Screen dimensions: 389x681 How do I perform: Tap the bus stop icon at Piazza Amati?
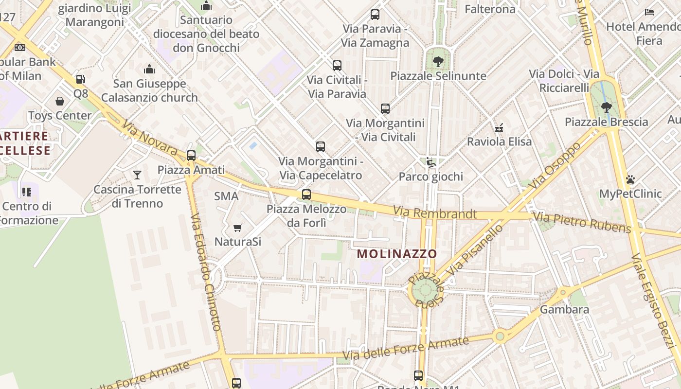tap(191, 156)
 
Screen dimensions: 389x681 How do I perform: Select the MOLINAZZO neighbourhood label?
tap(397, 254)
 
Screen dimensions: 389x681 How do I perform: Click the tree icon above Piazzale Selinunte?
tap(438, 62)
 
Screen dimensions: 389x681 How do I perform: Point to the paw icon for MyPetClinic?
tap(630, 179)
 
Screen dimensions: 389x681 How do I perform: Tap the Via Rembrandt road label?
tap(435, 213)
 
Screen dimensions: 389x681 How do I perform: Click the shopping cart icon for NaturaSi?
tap(238, 228)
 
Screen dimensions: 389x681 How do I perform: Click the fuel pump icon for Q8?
tap(80, 79)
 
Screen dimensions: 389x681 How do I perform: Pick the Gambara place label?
tap(564, 309)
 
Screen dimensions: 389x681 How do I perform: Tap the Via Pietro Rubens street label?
tap(582, 222)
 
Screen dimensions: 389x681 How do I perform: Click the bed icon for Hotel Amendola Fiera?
tap(649, 12)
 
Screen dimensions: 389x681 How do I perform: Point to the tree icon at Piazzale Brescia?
tap(606, 107)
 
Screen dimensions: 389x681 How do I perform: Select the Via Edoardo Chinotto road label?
tap(206, 272)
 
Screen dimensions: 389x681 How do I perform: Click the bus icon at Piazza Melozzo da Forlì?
tap(306, 194)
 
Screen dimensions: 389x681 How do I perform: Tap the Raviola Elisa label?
tap(499, 141)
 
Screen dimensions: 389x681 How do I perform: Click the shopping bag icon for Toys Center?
tap(60, 101)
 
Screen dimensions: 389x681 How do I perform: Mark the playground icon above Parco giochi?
tap(430, 162)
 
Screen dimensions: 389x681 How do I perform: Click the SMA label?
tap(226, 196)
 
